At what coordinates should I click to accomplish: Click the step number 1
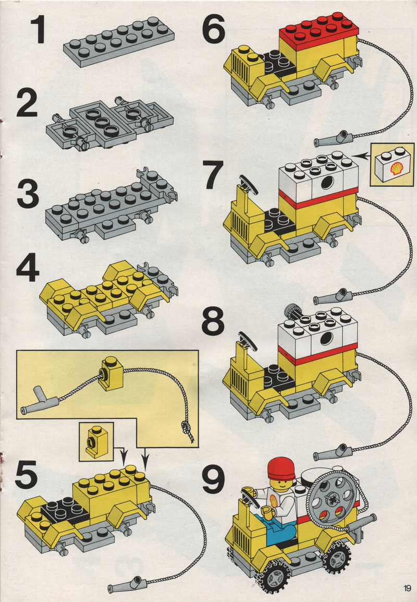click(38, 30)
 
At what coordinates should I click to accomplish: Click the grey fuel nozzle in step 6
click(333, 139)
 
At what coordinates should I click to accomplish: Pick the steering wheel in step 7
click(248, 184)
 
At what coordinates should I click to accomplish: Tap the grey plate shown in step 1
click(118, 41)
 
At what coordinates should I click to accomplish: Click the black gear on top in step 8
click(291, 312)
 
